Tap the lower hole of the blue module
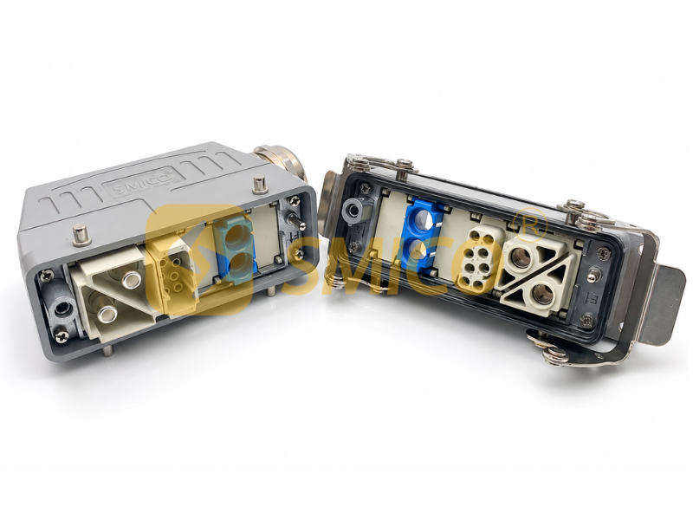[x=420, y=250]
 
